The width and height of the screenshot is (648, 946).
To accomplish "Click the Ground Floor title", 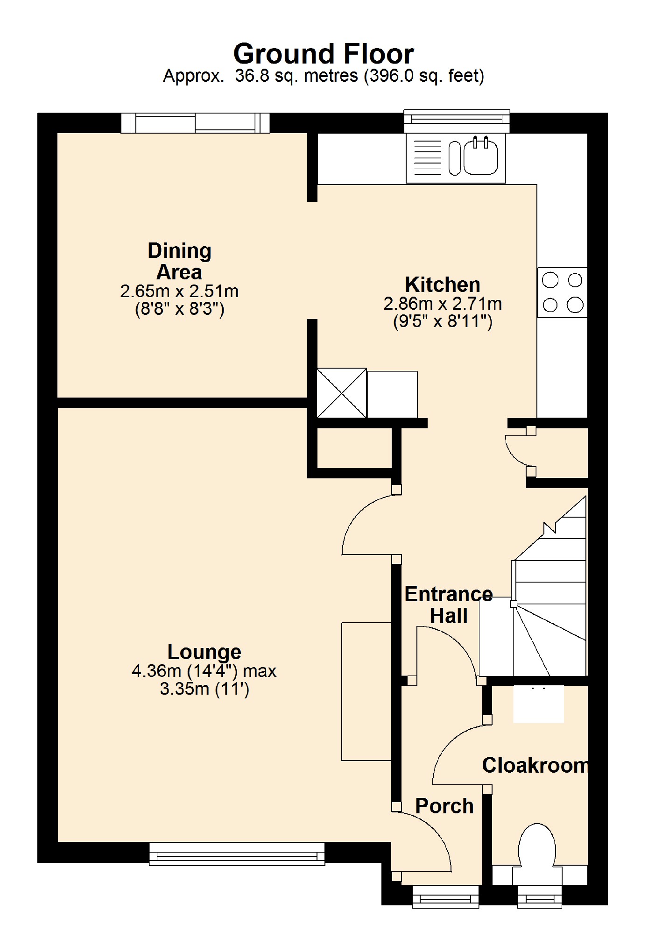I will point(323,54).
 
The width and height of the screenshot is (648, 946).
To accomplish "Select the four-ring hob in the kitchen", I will point(562,292).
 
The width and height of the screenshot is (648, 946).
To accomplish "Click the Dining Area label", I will point(179,261).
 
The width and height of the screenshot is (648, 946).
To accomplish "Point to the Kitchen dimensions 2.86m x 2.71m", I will point(442,304).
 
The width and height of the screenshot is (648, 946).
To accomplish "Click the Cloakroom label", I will point(534,765).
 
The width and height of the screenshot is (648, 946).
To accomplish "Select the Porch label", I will point(444,806).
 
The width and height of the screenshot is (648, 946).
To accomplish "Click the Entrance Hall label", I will point(448,605).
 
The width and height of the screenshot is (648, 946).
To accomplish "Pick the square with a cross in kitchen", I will point(341,393).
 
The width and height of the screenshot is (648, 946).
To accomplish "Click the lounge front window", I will point(237,854).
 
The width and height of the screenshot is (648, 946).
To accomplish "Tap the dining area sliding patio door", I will point(195,123).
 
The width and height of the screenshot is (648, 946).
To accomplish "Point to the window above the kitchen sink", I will point(456,121).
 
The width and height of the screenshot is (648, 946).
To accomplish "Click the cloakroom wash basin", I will point(538,704).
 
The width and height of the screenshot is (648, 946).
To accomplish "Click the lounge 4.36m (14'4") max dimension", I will point(204,671).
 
